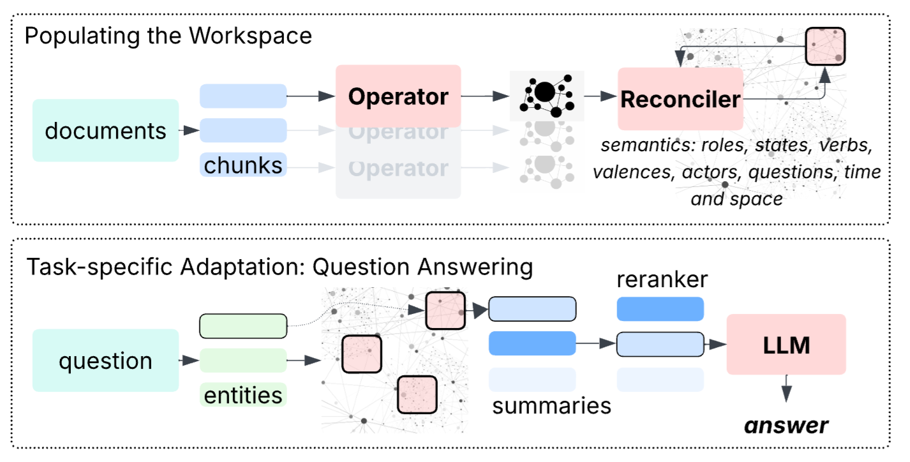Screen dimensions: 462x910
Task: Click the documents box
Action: (105, 130)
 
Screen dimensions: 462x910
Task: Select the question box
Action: (105, 361)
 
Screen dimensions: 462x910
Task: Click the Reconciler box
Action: (680, 99)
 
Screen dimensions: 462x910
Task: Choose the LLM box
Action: (786, 345)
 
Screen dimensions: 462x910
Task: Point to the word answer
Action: (789, 425)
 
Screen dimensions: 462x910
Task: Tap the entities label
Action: (243, 395)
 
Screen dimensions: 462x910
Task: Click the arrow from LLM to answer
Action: (787, 389)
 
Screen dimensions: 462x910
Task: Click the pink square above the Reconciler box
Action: (824, 46)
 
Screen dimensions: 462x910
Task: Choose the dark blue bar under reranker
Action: (660, 309)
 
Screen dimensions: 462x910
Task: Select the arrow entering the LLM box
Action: (715, 345)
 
